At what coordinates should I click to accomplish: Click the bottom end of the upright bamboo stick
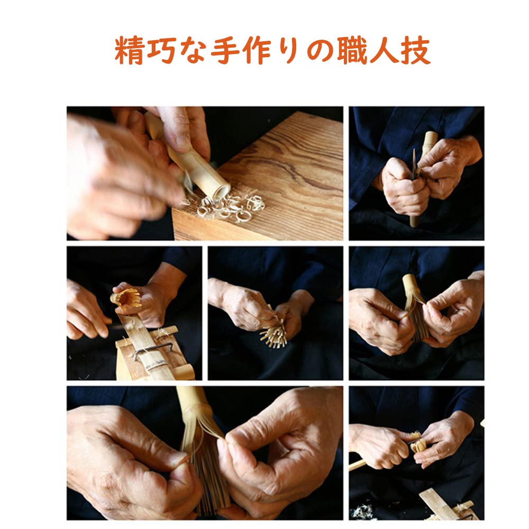(414, 221)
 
